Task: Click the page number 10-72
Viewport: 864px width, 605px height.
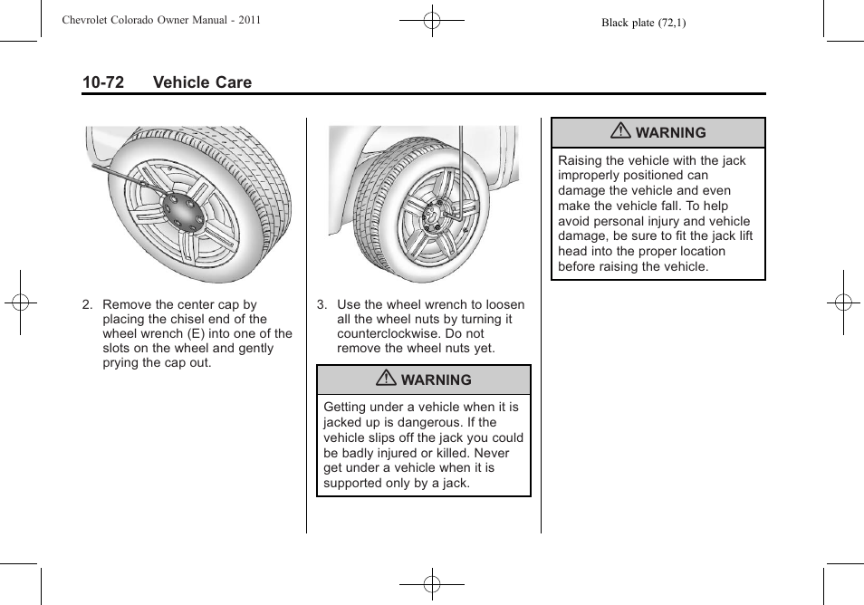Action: click(102, 82)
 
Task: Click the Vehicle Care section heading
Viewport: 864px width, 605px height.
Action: click(202, 82)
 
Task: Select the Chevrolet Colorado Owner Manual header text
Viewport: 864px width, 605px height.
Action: click(162, 20)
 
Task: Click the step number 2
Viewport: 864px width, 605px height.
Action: click(87, 305)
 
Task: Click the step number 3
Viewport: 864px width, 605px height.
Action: click(322, 305)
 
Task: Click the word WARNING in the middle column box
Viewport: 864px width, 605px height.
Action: click(437, 380)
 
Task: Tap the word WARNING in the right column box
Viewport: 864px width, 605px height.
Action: click(670, 132)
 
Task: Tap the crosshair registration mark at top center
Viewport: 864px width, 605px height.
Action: click(432, 20)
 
